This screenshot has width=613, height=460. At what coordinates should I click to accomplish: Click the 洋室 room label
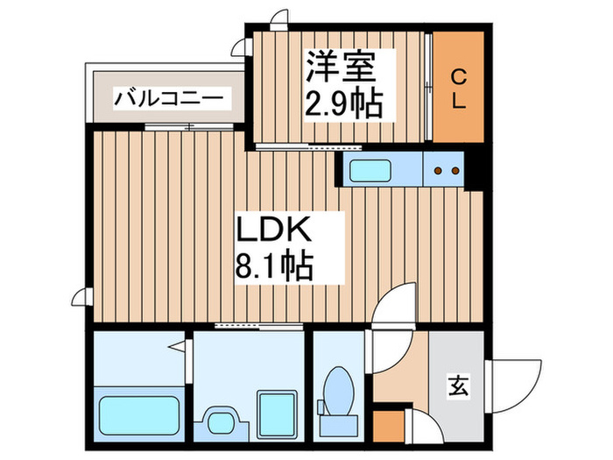pos(340,67)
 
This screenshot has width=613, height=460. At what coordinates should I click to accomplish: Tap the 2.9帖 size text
pos(343,103)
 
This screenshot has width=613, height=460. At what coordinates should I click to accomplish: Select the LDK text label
pos(273,230)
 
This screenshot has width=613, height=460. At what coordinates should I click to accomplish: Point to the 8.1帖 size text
pos(273,265)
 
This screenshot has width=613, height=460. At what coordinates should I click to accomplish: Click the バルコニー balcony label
pos(168,98)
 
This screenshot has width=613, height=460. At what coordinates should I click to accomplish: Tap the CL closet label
pos(459,88)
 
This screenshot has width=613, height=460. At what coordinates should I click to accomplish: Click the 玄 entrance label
pos(458,386)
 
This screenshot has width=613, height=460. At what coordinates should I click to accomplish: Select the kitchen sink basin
pos(370,171)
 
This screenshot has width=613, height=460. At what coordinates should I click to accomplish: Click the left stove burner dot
pos(438,171)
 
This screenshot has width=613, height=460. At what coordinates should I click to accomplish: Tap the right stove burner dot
pos(455,171)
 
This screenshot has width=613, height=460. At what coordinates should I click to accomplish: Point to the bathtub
pos(139,415)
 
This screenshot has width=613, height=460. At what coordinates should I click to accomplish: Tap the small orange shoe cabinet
pos(389,426)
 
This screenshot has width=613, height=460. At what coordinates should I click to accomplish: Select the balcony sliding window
pos(189,127)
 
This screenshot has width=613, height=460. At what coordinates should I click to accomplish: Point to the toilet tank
pos(339,426)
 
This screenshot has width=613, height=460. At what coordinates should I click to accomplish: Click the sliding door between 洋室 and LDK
pos(308,147)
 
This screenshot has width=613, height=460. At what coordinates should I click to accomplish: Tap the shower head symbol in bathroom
pos(177,347)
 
